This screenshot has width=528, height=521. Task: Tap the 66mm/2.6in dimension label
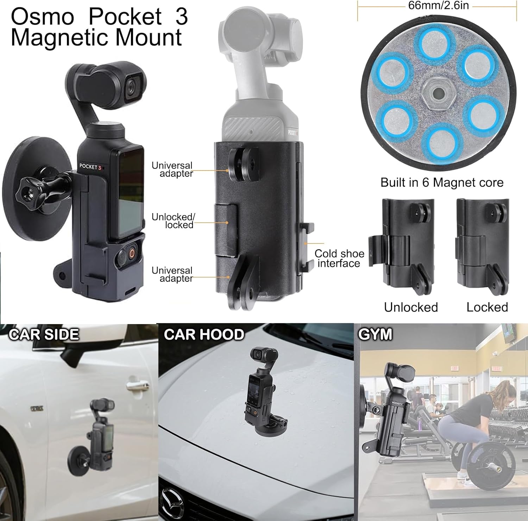point(438,6)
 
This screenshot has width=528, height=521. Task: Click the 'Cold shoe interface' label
point(339,259)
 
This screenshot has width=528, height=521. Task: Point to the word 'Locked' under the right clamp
point(487,307)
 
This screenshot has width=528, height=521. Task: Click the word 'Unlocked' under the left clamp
point(411,307)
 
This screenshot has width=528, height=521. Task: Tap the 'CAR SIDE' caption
point(44,334)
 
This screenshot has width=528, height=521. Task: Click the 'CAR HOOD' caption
point(204,334)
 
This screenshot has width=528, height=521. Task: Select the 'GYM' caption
point(375,334)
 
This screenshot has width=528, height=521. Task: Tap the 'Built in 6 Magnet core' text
point(442,182)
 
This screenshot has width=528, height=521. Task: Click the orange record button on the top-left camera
point(132,253)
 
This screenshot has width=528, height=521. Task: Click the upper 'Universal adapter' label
point(172,169)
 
